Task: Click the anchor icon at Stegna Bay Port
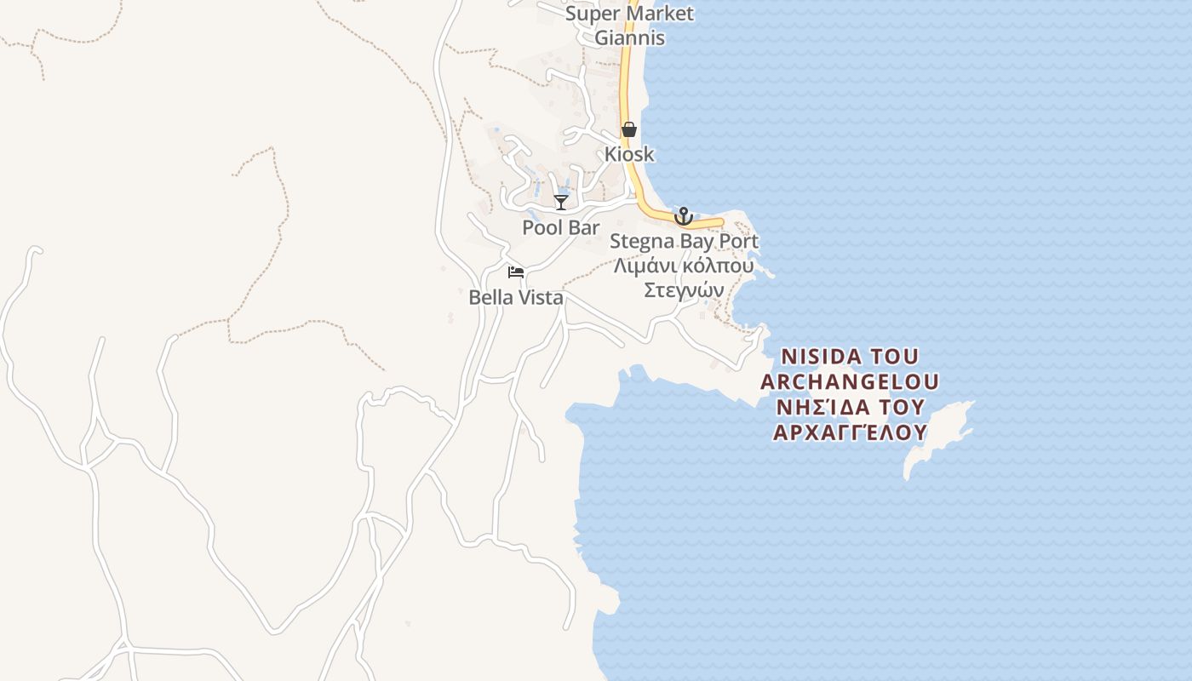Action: point(683,216)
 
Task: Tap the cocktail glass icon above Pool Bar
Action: point(561,202)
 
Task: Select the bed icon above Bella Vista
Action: point(515,272)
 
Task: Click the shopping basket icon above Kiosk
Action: point(629,129)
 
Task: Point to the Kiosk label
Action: point(629,154)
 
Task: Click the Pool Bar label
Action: point(561,228)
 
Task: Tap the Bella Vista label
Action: point(516,298)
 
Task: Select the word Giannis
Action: point(629,37)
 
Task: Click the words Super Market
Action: point(629,14)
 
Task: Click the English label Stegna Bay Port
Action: point(684,242)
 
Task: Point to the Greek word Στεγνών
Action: point(684,289)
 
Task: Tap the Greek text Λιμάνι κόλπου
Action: point(684,266)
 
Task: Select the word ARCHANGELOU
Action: point(850,381)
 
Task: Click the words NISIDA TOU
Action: point(850,356)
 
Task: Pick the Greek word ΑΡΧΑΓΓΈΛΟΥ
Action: point(850,432)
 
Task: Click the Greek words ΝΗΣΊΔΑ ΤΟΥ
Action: point(850,406)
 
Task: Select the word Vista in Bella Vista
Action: point(540,298)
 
